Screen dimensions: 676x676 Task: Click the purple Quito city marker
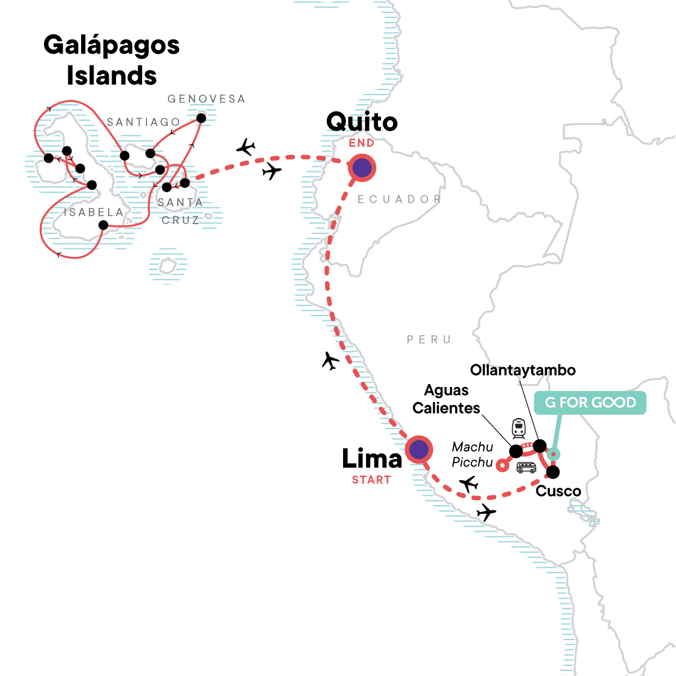[362, 167]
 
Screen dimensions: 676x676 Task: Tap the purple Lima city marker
[419, 450]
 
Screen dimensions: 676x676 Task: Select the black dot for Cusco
[553, 472]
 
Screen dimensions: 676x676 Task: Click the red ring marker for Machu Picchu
[501, 465]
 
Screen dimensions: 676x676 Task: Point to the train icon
[518, 428]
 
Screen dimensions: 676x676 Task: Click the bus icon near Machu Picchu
[526, 467]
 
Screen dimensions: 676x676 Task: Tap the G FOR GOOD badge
[590, 403]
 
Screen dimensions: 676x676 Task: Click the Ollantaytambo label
[523, 370]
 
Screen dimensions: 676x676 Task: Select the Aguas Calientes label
[446, 399]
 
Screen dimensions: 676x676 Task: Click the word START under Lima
[371, 480]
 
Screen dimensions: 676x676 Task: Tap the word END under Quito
[362, 143]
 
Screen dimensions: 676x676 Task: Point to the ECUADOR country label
[399, 199]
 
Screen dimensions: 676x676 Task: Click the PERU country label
[429, 340]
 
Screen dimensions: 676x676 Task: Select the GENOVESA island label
[206, 99]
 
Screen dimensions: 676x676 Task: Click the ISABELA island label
[94, 212]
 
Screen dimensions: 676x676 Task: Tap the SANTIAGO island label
[144, 122]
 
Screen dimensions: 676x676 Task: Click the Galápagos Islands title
[112, 60]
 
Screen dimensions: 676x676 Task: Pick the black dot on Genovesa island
[201, 118]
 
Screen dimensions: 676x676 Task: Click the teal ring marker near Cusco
[554, 453]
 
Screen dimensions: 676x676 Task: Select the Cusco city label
[558, 491]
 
